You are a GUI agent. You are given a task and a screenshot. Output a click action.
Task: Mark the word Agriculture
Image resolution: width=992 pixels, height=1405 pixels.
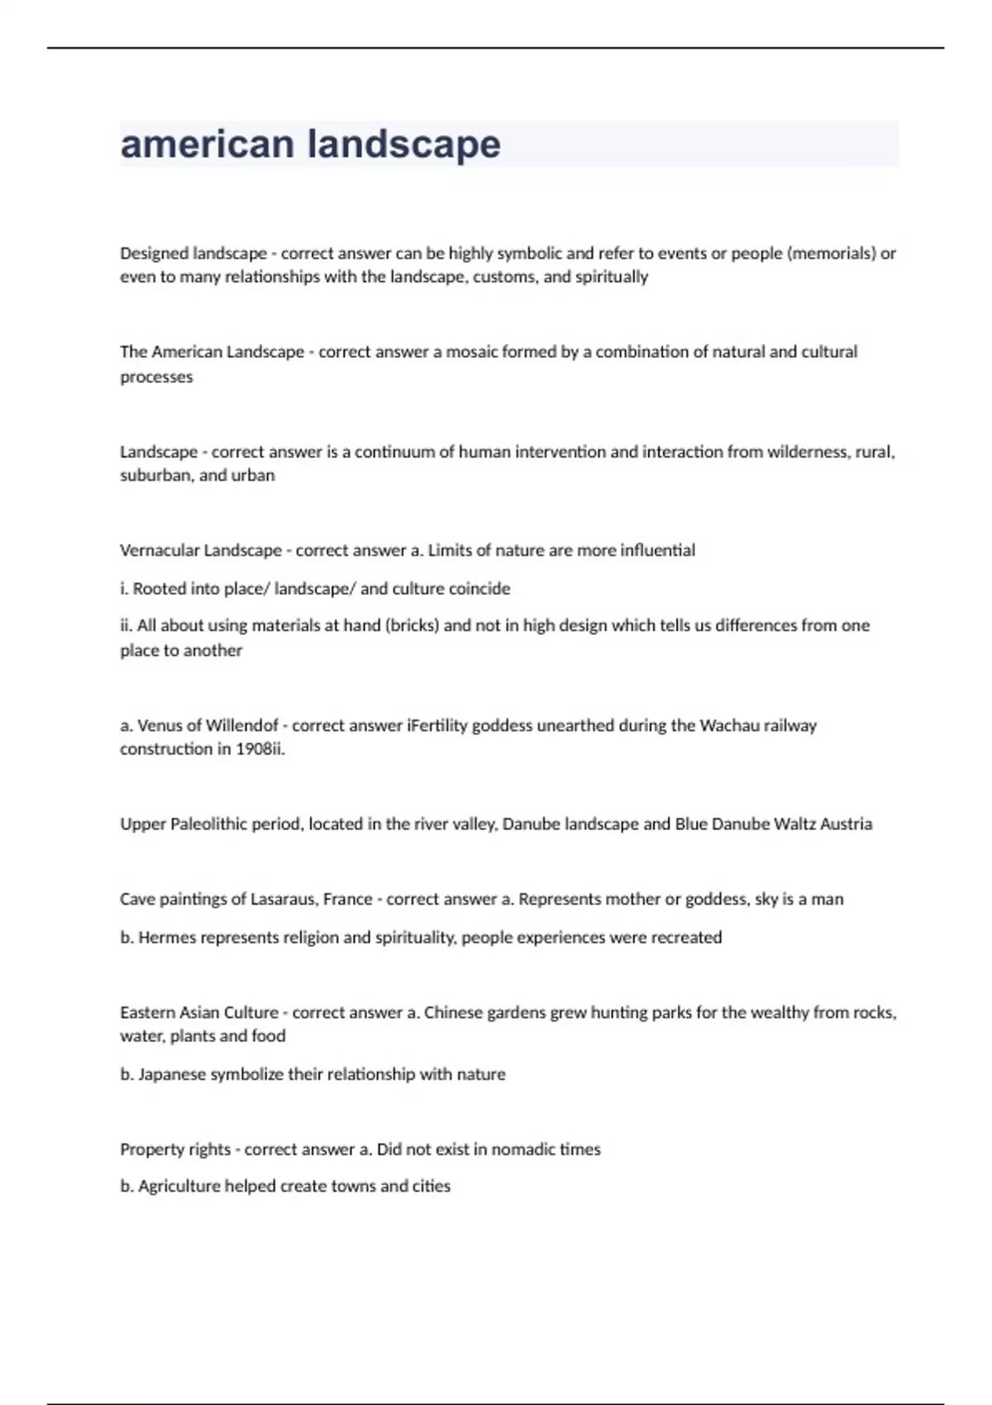(x=179, y=1187)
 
